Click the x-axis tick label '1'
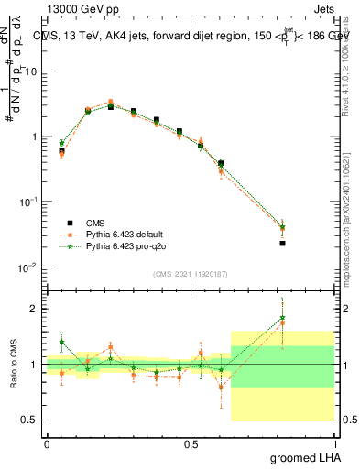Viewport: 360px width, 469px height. click(x=334, y=442)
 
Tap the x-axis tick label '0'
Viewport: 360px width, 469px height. click(x=47, y=442)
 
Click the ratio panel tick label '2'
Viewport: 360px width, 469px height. click(x=34, y=309)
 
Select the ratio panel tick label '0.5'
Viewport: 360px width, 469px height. click(x=29, y=420)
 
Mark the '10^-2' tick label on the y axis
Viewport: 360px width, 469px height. click(x=27, y=267)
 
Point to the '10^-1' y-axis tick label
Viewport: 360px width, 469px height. click(x=27, y=202)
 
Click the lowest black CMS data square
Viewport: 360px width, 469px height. click(x=283, y=243)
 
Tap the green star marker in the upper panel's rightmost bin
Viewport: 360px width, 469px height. click(x=283, y=227)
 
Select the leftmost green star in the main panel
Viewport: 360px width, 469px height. click(x=61, y=143)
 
